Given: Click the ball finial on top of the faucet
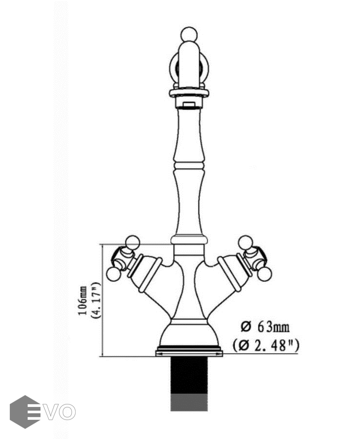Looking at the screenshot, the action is pos(189,35).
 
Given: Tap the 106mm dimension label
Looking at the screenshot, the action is pos(82,301).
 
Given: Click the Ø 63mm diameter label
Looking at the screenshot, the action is pos(265,327).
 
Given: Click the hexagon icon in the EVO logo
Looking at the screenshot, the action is pos(25,412).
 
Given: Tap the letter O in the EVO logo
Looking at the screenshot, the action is pos(67,412).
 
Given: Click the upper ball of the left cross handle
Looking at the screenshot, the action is pos(132,243).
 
